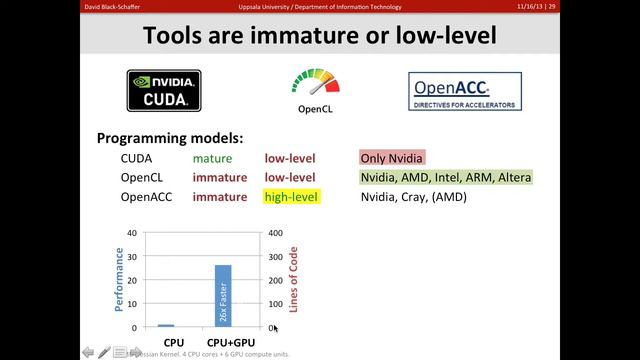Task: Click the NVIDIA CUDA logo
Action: (x=164, y=90)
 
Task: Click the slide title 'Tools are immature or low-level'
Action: (x=319, y=36)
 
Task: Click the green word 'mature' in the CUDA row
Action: (x=212, y=158)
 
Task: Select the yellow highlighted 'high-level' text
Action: (x=290, y=197)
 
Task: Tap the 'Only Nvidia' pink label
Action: (x=392, y=158)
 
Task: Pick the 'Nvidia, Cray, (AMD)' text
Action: (x=414, y=197)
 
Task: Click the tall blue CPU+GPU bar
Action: (x=223, y=296)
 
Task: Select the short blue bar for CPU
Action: (x=167, y=325)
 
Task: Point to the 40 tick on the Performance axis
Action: (x=132, y=233)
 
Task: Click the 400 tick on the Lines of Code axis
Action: (x=272, y=233)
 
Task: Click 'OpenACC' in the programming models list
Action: (x=147, y=197)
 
